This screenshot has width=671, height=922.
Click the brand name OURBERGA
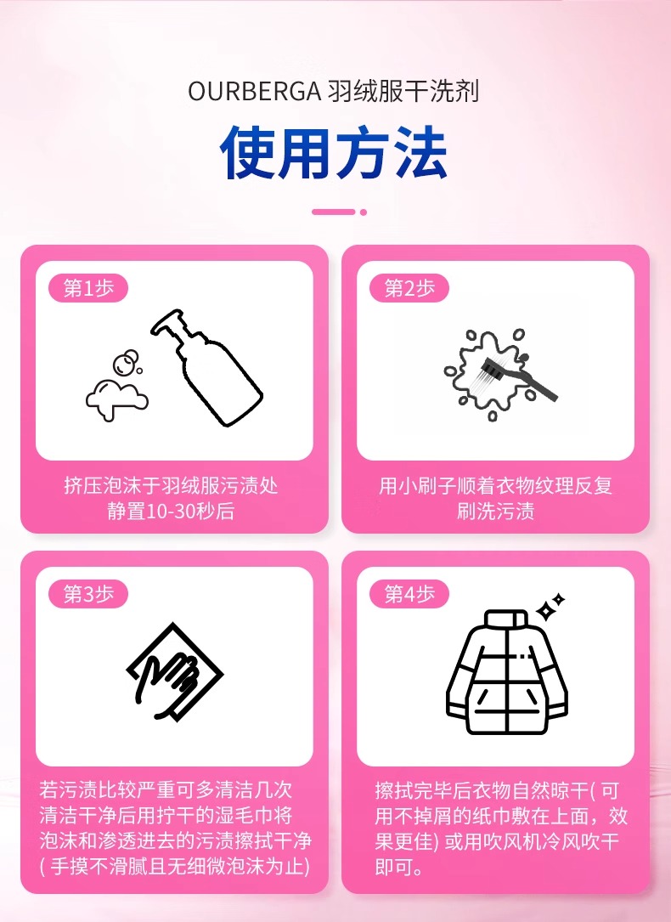[x=254, y=92]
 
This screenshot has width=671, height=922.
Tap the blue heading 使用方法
[x=335, y=152]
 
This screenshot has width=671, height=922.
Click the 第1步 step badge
[x=88, y=288]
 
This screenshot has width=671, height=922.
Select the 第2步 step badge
[x=409, y=288]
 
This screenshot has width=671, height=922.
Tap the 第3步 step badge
[x=88, y=594]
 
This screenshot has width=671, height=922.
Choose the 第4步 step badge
[x=409, y=594]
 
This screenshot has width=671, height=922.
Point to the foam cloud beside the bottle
[x=117, y=399]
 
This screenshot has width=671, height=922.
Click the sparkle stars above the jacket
[x=550, y=607]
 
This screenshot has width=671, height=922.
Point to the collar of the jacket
[x=506, y=620]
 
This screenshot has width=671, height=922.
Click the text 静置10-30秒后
[x=171, y=511]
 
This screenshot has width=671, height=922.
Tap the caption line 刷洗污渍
[x=495, y=511]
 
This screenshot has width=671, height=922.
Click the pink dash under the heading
[x=333, y=212]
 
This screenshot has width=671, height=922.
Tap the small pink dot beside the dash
[x=364, y=212]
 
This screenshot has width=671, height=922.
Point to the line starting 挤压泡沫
[x=171, y=486]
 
